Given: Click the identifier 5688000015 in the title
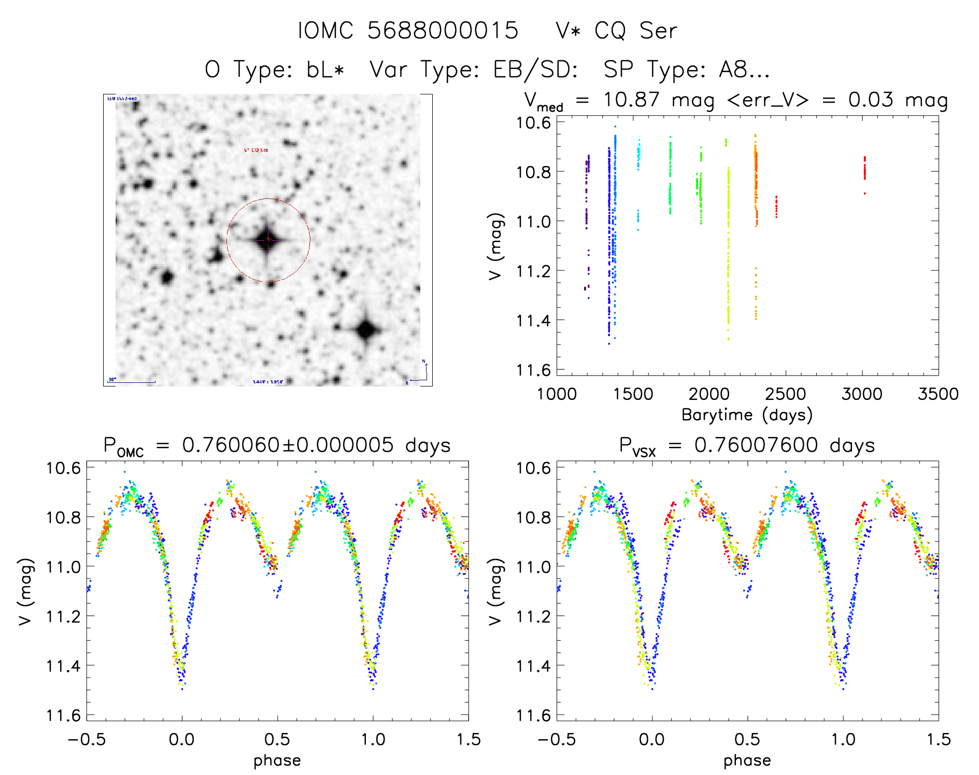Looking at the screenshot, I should pyautogui.click(x=443, y=31).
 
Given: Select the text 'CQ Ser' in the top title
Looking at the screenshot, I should pyautogui.click(x=635, y=31).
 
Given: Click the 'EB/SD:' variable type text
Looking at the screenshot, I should pyautogui.click(x=535, y=70).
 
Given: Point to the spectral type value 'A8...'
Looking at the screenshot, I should pyautogui.click(x=744, y=70).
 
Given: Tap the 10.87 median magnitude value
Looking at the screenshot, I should pyautogui.click(x=631, y=100).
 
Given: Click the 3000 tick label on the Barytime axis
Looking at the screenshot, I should pyautogui.click(x=862, y=394).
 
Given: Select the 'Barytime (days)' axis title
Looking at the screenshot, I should pyautogui.click(x=747, y=415).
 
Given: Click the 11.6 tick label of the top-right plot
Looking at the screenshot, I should pyautogui.click(x=533, y=370).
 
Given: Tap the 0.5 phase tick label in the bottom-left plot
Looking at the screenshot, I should pyautogui.click(x=277, y=740).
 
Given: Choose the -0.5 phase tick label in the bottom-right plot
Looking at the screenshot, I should pyautogui.click(x=557, y=740).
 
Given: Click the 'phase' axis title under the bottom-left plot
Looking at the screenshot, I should pyautogui.click(x=277, y=760).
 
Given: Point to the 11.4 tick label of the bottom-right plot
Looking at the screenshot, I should pyautogui.click(x=533, y=666).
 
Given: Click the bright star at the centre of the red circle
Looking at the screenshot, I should pyautogui.click(x=268, y=240).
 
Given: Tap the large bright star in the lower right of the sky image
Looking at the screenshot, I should pyautogui.click(x=366, y=330).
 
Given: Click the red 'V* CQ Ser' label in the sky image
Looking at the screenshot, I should pyautogui.click(x=256, y=150).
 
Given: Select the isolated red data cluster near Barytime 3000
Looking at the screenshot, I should pyautogui.click(x=864, y=169).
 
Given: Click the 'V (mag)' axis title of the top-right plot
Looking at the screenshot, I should pyautogui.click(x=496, y=246).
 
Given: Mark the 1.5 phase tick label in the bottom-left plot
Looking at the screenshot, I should pyautogui.click(x=469, y=740).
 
